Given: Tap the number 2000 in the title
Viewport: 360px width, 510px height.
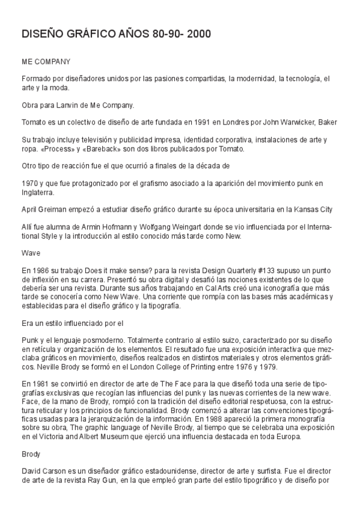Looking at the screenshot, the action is pyautogui.click(x=198, y=35).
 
